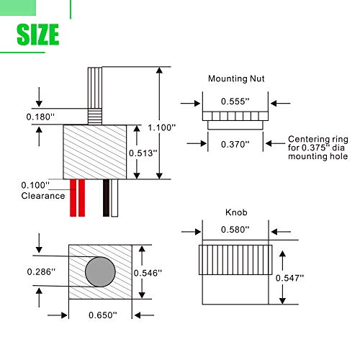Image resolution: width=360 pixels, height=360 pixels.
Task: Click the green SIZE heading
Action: tap(38, 35)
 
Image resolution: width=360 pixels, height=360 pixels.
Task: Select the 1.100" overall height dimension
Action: tap(161, 127)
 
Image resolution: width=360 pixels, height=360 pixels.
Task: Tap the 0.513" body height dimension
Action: tap(143, 153)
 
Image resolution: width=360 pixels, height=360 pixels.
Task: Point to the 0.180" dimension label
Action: tap(40, 117)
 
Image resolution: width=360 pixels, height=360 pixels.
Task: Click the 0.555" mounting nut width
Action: tap(235, 102)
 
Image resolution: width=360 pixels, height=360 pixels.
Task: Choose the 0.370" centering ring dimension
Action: tap(235, 145)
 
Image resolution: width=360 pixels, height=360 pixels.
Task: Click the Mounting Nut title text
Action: tap(236, 78)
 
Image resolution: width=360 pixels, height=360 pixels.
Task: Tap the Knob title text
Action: tap(236, 212)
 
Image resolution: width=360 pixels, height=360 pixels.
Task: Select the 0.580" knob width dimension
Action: tap(235, 230)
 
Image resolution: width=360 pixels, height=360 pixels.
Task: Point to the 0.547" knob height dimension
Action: tap(289, 278)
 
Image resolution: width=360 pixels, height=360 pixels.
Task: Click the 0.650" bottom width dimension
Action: tap(103, 315)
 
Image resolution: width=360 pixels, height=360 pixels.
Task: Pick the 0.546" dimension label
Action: tap(148, 273)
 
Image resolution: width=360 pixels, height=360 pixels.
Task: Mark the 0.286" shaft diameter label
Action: tap(41, 272)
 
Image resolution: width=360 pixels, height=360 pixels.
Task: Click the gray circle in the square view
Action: tap(100, 271)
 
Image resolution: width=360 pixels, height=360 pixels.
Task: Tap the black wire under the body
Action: tap(106, 198)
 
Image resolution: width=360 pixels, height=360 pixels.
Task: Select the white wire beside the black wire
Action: tap(114, 198)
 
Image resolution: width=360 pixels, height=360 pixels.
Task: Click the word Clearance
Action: tap(43, 196)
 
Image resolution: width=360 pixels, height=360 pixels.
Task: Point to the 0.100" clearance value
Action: tap(35, 185)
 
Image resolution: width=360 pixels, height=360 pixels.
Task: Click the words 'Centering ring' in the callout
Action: tap(318, 140)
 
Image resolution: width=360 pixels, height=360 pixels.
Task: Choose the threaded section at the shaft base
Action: tap(95, 117)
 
